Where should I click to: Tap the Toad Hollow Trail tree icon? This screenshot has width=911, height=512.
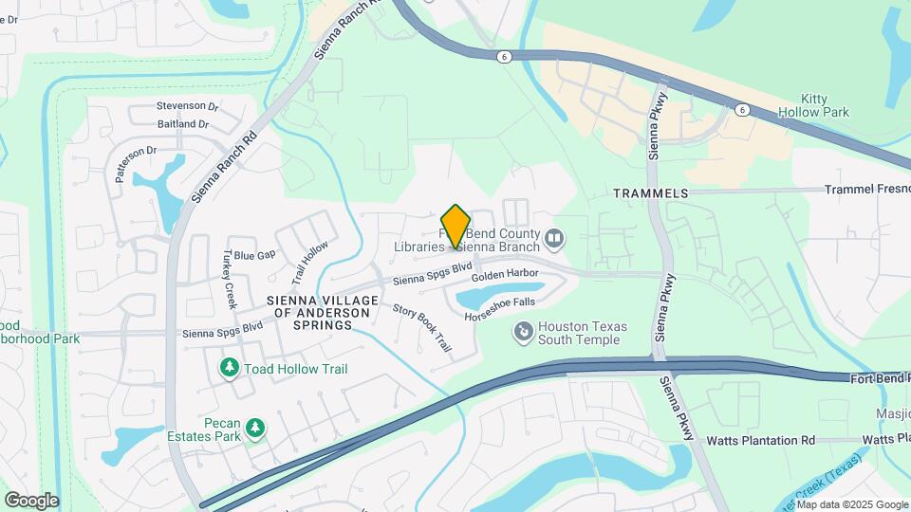coord(229,368)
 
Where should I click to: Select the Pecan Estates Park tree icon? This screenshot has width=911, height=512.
coord(254,430)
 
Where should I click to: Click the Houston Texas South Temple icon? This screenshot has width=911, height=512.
coord(522,332)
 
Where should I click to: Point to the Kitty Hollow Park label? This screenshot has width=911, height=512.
coord(812,105)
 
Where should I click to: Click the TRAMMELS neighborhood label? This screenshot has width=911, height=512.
coord(650,193)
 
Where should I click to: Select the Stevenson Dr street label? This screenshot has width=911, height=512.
coord(188,107)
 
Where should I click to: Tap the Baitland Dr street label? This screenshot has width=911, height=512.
coord(183,124)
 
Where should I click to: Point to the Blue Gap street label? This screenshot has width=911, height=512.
coord(254,255)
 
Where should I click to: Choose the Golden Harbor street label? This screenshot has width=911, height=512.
coord(505,273)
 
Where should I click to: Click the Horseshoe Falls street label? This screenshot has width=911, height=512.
coord(500,309)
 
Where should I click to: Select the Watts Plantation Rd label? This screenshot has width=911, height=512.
coord(761,441)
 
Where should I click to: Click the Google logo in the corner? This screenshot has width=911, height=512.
coord(31,500)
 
